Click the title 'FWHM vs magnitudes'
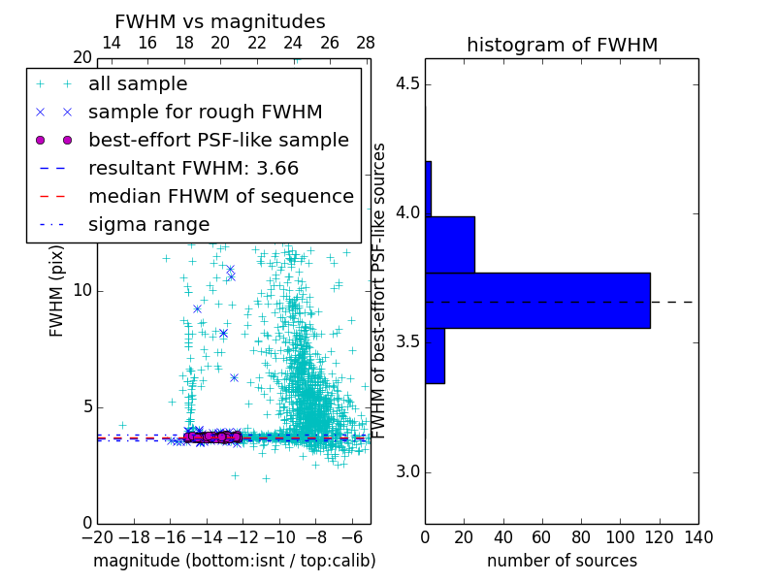(220, 21)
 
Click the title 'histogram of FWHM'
(562, 45)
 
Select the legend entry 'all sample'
(138, 84)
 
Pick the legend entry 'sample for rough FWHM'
(206, 113)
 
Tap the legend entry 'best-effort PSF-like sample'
(218, 141)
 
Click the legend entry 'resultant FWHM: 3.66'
(193, 169)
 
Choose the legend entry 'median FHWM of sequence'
(220, 197)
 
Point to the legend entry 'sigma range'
(148, 225)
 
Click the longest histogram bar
(537, 301)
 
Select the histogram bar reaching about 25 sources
(450, 244)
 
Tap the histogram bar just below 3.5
(435, 356)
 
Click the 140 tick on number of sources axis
(698, 536)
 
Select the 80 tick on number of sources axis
(581, 536)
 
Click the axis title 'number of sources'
(562, 561)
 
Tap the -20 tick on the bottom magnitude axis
(97, 536)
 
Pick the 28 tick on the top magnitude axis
(366, 43)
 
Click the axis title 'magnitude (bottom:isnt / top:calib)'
(234, 561)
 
